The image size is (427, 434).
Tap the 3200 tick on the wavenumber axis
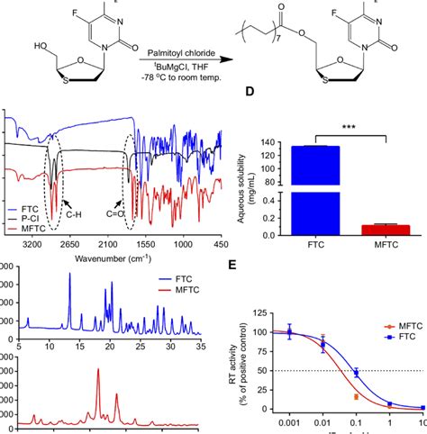[33, 244]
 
